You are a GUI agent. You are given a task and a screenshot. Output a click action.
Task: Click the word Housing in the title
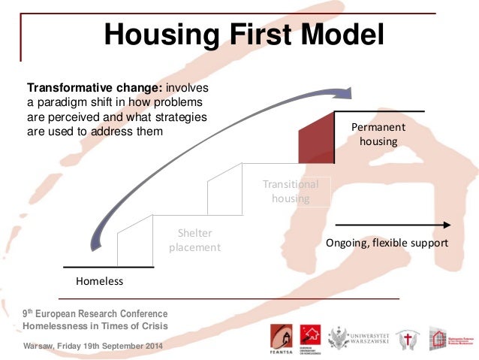(155, 35)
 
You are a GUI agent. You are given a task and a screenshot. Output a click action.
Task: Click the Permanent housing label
(378, 134)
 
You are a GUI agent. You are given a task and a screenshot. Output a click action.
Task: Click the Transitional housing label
(291, 192)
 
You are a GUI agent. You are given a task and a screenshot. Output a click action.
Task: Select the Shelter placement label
(194, 240)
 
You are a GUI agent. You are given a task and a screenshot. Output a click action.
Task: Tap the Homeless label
(99, 281)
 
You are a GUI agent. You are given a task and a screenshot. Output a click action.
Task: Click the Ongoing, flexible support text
(387, 244)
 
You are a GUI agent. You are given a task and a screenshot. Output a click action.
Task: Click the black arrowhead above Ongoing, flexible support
(447, 224)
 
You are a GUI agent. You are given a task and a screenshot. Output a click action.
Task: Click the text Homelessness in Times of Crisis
(95, 325)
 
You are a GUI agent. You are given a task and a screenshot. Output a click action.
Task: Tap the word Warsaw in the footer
(38, 346)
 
